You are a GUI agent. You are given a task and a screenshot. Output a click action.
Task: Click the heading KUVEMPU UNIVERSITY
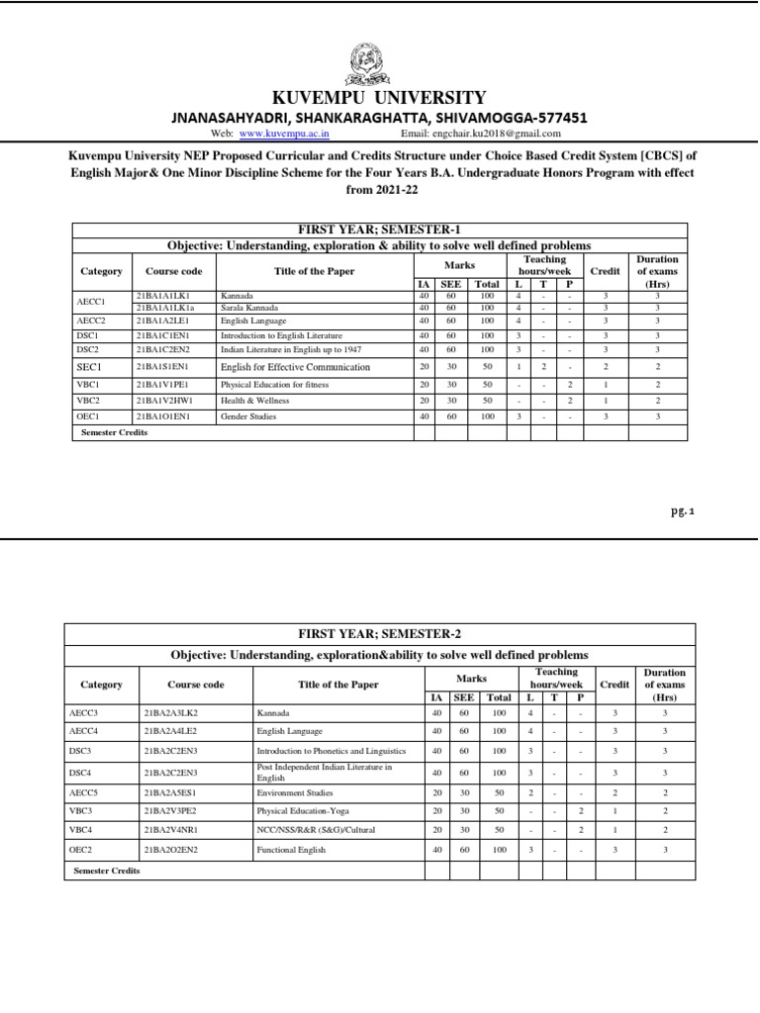(380, 97)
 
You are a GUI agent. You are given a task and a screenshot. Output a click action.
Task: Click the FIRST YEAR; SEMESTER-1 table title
(379, 230)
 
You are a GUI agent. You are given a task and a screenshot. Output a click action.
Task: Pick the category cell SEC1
(90, 367)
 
